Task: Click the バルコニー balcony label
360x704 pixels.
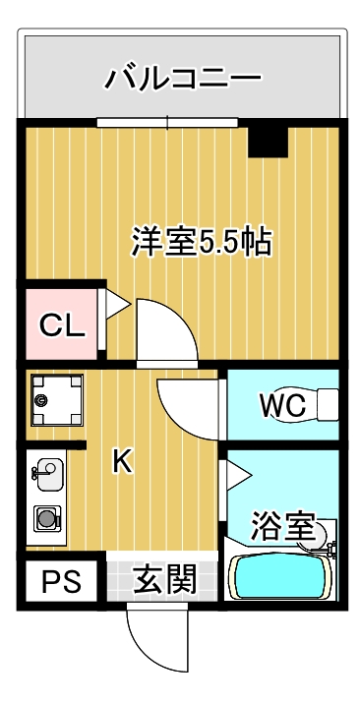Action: (x=183, y=77)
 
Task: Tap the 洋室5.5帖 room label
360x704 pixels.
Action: (x=202, y=243)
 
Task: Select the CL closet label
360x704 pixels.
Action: (x=61, y=325)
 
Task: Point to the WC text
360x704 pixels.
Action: (x=282, y=404)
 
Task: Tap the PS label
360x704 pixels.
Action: (x=58, y=582)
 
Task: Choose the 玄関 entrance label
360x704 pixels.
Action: (x=160, y=580)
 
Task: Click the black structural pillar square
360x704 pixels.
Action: (x=267, y=142)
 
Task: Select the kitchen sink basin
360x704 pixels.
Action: (x=45, y=473)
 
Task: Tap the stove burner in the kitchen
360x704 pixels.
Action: (x=45, y=516)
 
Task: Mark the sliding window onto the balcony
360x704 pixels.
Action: (x=168, y=123)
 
